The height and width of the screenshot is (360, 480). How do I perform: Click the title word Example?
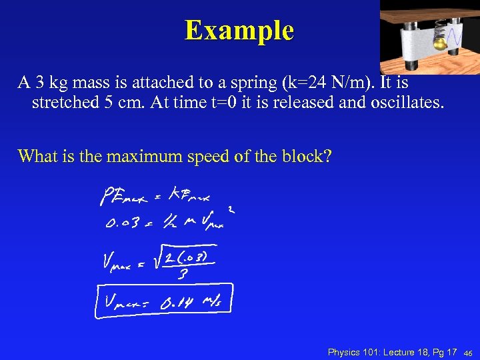[x=239, y=30]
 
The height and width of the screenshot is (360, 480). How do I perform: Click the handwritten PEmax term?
[x=124, y=197]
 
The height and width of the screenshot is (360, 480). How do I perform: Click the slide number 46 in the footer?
[x=468, y=353]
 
